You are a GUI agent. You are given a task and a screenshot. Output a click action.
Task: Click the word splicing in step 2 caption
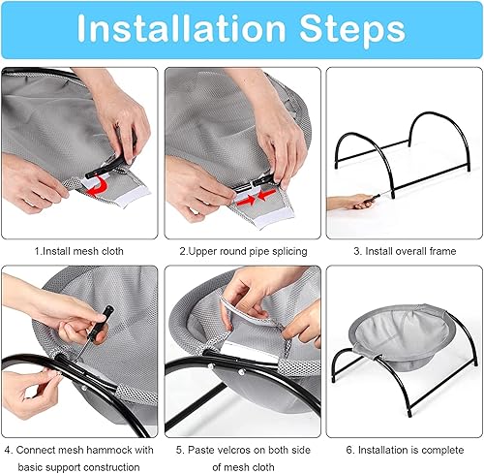tap(282, 251)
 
